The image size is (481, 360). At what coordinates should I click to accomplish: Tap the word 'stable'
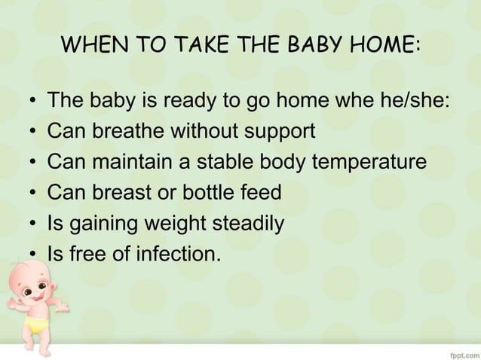[x=225, y=163]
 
